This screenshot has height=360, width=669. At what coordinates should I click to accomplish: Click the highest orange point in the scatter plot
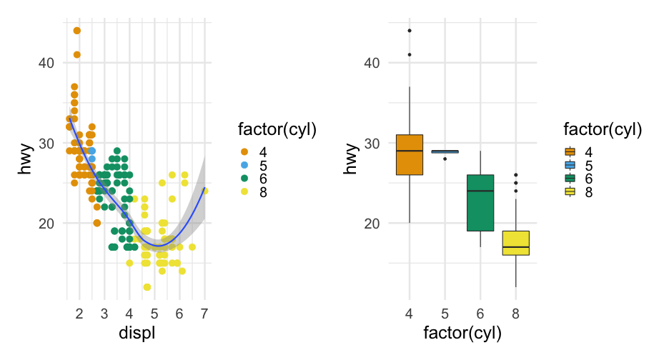(x=76, y=31)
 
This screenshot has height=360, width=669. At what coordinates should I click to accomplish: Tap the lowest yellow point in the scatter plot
(x=147, y=287)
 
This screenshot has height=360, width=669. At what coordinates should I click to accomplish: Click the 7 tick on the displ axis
(x=204, y=314)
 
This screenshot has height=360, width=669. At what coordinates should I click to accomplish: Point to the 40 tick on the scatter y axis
(x=46, y=63)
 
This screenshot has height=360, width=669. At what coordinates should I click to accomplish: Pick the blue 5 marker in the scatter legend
(x=244, y=165)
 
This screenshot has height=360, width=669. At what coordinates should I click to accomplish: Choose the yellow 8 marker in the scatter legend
(x=244, y=191)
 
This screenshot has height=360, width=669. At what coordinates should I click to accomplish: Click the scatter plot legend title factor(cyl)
(x=277, y=129)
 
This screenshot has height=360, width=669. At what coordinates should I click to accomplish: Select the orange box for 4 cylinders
(x=409, y=154)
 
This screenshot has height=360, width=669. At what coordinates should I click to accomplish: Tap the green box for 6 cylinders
(x=480, y=203)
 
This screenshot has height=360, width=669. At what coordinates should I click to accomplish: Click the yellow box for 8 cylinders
(x=515, y=243)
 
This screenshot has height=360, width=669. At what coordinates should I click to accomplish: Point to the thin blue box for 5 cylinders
(x=445, y=151)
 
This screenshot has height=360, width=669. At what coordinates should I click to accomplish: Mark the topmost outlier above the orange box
(x=409, y=31)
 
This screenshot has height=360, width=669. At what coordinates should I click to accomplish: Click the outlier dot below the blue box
(x=445, y=159)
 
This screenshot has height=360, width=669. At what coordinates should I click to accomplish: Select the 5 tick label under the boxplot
(x=445, y=314)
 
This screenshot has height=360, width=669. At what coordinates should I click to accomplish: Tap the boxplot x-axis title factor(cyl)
(x=462, y=333)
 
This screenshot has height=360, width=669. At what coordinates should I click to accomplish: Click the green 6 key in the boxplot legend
(x=570, y=179)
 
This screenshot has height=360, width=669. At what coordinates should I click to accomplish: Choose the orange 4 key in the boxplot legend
(x=570, y=152)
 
